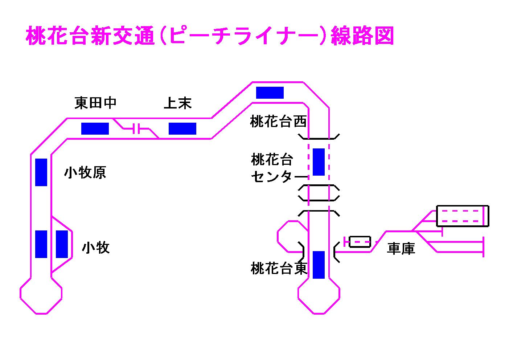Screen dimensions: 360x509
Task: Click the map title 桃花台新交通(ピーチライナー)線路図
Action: click(x=210, y=36)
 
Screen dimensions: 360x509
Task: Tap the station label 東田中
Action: click(x=95, y=103)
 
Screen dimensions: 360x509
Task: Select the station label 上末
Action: click(x=177, y=103)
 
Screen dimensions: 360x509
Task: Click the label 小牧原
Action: click(x=85, y=173)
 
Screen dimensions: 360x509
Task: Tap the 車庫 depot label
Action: click(x=401, y=249)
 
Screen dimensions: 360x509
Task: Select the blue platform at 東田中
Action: click(x=95, y=128)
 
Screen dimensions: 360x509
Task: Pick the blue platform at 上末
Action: click(x=182, y=128)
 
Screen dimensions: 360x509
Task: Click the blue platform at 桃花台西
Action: click(x=270, y=93)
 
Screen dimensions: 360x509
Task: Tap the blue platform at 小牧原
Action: click(x=41, y=172)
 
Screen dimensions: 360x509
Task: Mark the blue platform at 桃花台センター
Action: click(x=319, y=162)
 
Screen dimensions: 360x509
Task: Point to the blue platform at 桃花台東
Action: click(x=319, y=265)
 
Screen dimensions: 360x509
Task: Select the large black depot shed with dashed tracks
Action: click(x=462, y=216)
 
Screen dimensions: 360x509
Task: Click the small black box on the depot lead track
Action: click(x=360, y=241)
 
